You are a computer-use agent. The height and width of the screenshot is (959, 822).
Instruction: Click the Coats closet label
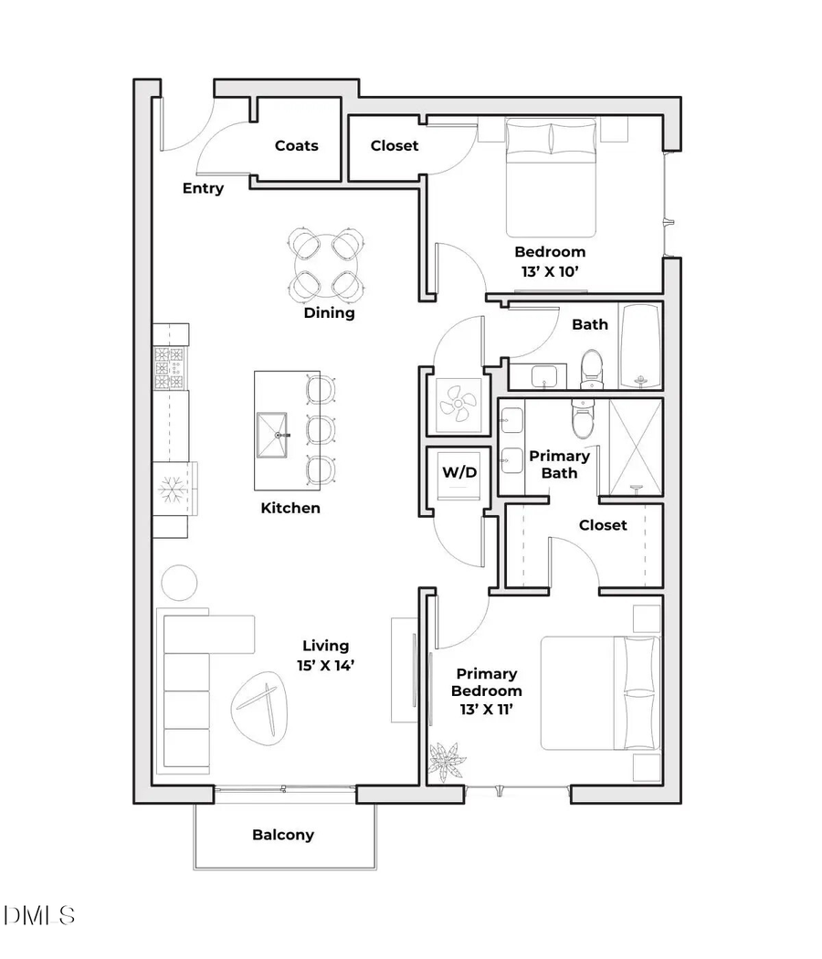click(297, 145)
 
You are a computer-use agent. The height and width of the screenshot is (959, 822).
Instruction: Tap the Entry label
click(203, 188)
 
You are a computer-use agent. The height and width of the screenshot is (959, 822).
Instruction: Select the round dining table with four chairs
click(329, 266)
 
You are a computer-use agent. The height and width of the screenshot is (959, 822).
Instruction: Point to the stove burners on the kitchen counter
click(170, 367)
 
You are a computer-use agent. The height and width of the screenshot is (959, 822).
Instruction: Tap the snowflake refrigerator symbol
click(172, 488)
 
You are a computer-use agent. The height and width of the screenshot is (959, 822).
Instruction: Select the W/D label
click(459, 472)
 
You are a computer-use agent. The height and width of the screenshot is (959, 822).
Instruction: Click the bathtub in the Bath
click(640, 347)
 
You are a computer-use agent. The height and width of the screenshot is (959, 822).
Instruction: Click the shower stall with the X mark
click(635, 448)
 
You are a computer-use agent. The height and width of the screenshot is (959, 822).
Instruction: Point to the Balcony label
click(283, 835)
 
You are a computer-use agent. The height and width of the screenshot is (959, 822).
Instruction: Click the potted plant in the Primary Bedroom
click(447, 760)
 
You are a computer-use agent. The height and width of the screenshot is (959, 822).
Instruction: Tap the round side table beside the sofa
click(178, 583)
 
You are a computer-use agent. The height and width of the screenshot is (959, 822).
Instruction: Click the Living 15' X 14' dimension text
click(324, 656)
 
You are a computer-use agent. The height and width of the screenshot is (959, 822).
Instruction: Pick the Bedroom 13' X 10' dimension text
click(549, 260)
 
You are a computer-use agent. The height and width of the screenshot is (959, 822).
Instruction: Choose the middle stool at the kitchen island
click(321, 429)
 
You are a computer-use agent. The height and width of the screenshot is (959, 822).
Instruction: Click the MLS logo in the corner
click(39, 914)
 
